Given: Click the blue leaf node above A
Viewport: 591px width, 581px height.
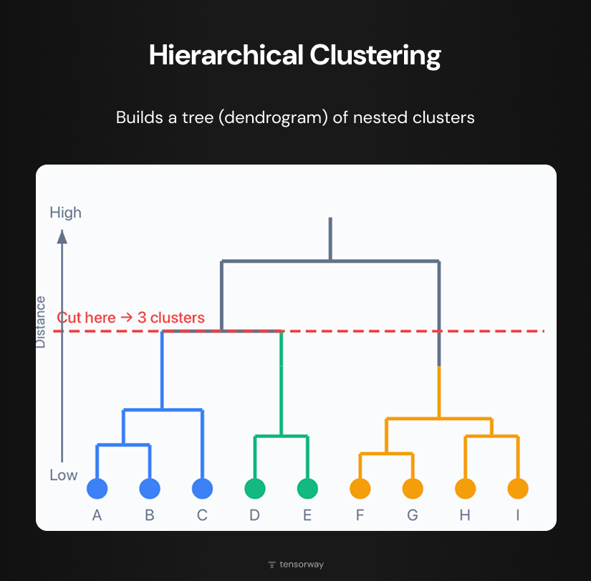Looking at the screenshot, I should (x=97, y=489).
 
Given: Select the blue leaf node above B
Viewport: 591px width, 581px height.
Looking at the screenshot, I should (x=150, y=489).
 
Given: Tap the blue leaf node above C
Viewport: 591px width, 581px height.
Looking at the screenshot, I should (x=203, y=489).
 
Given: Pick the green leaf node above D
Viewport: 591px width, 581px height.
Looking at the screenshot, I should (x=254, y=489).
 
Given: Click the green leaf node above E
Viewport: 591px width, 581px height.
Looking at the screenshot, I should (x=307, y=489).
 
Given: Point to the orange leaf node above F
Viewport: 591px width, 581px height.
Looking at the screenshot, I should (x=360, y=489).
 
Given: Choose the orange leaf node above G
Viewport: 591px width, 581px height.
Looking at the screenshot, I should (x=413, y=489).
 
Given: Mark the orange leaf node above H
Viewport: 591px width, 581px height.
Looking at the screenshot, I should (x=466, y=489).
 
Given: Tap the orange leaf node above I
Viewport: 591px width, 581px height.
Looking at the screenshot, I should (x=518, y=489).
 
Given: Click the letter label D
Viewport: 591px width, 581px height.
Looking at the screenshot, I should (x=254, y=515).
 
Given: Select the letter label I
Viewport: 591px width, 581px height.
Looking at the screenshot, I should (x=518, y=515).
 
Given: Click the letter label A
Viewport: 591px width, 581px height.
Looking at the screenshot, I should (x=97, y=515).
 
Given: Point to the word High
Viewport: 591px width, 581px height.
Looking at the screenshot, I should (x=65, y=213).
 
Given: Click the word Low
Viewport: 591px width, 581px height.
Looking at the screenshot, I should (x=64, y=475).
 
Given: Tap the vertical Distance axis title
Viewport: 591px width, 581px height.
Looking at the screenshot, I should (x=41, y=322).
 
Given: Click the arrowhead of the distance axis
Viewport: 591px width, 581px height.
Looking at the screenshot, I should (x=62, y=236).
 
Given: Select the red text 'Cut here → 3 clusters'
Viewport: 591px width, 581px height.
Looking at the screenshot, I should (x=131, y=318).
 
